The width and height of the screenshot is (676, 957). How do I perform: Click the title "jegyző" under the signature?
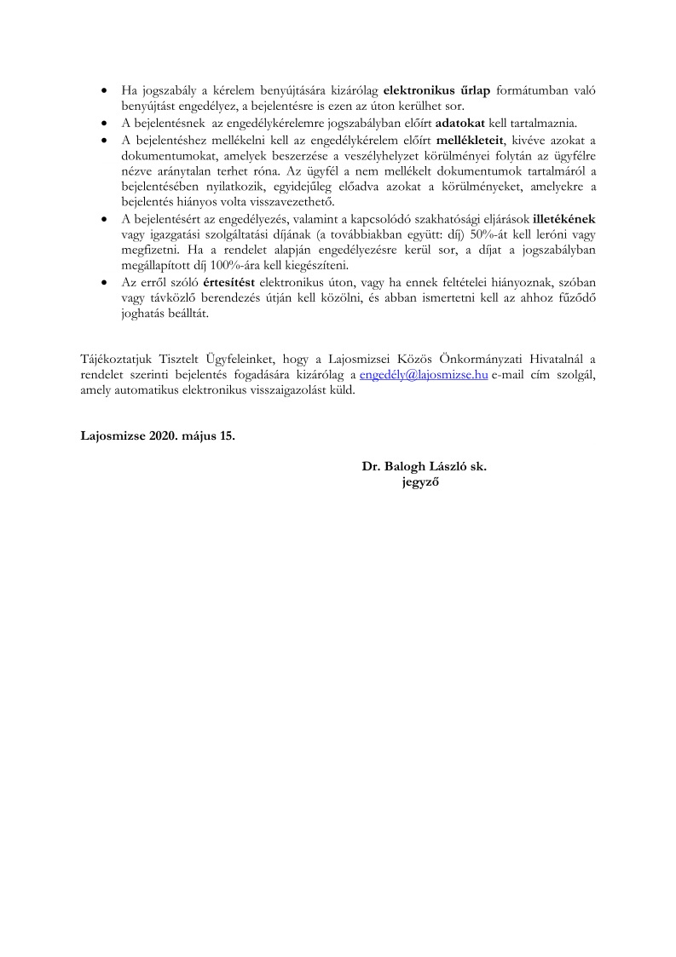click(x=420, y=483)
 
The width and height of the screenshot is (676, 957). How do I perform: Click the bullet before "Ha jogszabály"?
click(x=104, y=89)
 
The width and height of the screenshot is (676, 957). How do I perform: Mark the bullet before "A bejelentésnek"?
click(x=104, y=122)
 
